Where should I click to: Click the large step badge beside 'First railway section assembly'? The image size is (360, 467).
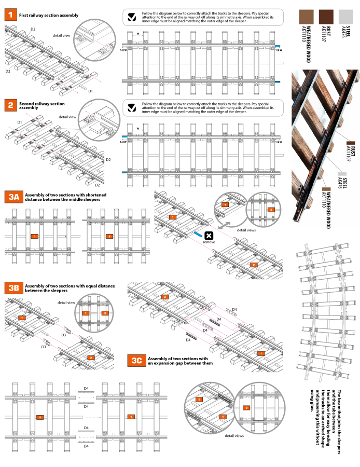(x=9, y=16)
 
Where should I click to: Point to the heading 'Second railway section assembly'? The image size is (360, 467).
(x=35, y=106)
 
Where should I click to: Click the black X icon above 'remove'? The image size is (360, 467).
(x=209, y=236)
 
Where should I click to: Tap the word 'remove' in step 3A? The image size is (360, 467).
(x=209, y=242)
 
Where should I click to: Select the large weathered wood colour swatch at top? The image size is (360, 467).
(x=307, y=16)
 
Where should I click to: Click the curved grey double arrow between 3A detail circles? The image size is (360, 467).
(x=226, y=225)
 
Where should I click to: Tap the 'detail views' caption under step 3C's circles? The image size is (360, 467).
(x=234, y=436)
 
